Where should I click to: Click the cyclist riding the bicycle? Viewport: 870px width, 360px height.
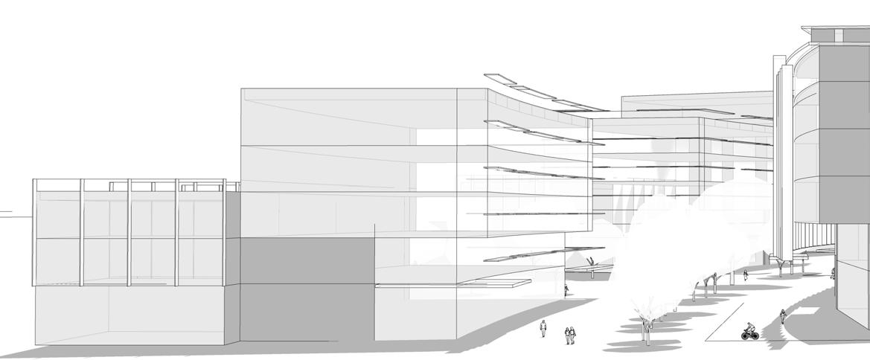coord(749,331)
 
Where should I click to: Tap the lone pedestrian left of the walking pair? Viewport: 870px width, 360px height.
coord(543,328)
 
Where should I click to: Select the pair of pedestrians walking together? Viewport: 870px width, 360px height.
coord(570,335)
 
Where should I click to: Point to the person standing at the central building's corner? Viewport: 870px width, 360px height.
coord(566,290)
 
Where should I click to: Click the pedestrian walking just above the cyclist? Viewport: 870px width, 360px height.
coord(783,315)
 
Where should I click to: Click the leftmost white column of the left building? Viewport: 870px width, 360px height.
coord(34,232)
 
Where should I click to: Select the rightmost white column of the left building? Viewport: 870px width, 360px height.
coord(224,232)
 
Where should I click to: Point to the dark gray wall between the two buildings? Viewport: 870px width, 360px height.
coord(307,290)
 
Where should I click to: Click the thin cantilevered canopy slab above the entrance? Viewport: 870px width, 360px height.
coord(454,283)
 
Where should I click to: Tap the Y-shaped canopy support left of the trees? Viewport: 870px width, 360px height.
coord(590,263)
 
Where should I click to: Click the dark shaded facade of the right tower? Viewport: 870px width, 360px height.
coord(844,134)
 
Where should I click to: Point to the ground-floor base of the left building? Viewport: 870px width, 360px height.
coord(130,314)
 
